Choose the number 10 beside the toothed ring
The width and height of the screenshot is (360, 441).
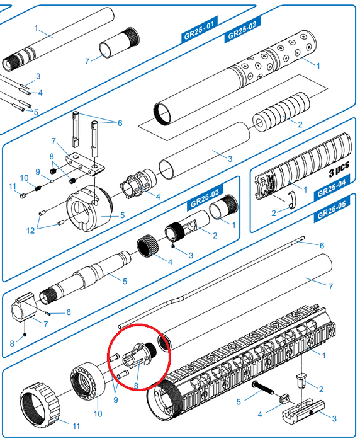point(98,413)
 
